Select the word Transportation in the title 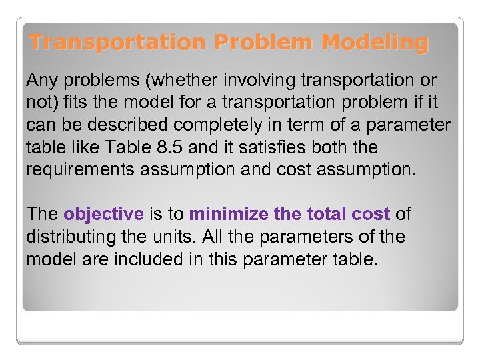coord(118,43)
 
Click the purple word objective coord(103,214)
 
